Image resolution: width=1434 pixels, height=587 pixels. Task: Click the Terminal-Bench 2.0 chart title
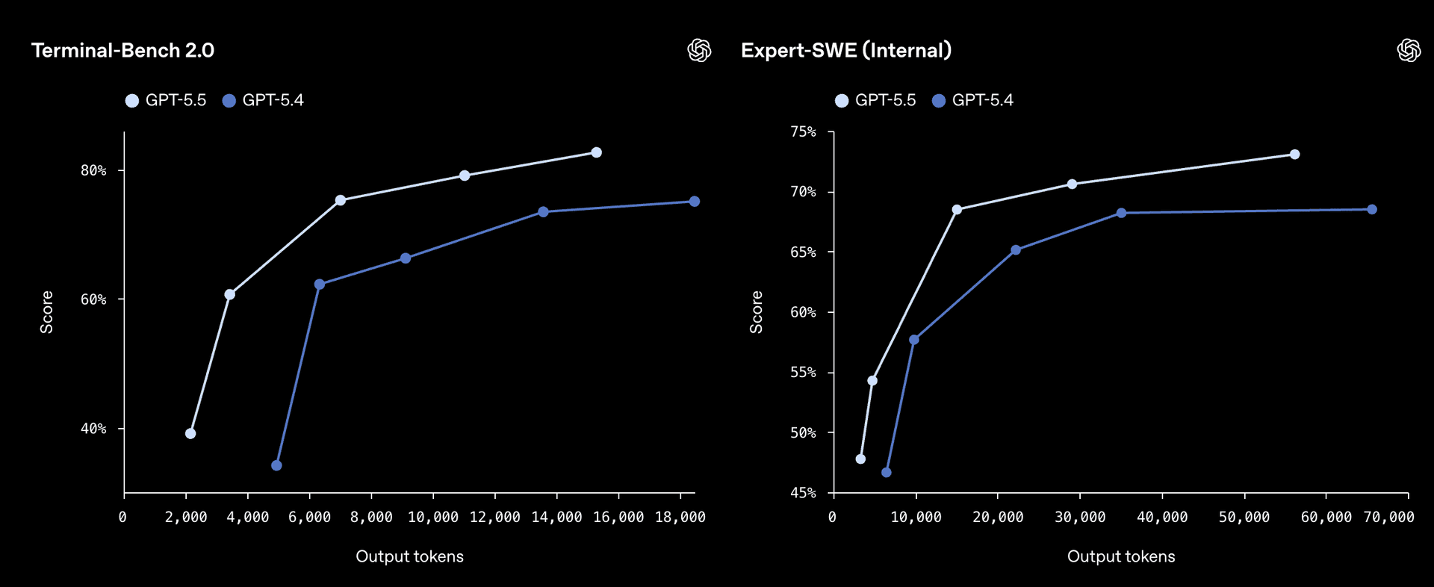tap(122, 51)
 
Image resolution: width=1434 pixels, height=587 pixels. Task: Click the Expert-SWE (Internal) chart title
tap(845, 51)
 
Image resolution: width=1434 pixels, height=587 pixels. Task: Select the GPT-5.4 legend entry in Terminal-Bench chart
tap(264, 101)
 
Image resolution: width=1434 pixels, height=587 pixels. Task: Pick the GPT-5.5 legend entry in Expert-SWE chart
tap(875, 101)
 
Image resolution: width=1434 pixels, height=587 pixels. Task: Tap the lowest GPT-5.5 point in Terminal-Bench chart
tap(190, 434)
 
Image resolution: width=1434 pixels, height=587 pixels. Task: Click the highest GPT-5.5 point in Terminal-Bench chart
tap(596, 152)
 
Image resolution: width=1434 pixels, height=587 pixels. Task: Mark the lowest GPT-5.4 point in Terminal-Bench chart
tap(276, 465)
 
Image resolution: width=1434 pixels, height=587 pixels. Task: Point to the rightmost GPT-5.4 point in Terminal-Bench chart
tap(694, 202)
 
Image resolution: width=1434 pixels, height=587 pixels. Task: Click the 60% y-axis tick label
tap(93, 299)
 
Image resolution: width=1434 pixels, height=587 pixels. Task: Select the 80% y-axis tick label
tap(93, 171)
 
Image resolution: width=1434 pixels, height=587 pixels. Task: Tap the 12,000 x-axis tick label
tap(494, 518)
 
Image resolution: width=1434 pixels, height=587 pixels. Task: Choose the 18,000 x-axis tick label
tap(680, 518)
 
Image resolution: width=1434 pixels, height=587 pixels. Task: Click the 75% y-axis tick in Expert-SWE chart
tap(803, 132)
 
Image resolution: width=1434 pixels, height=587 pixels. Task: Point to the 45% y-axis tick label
tap(803, 493)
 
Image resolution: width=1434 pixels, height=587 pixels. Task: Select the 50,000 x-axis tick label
tap(1244, 518)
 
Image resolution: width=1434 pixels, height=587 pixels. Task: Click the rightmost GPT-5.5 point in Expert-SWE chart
tap(1294, 155)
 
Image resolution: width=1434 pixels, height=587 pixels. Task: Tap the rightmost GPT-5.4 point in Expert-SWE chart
tap(1371, 210)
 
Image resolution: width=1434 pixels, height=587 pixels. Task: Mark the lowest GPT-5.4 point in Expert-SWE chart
tap(886, 473)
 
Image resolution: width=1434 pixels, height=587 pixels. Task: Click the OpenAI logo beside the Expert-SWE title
tap(1409, 51)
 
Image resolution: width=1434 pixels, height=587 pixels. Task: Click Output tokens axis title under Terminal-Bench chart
tap(409, 556)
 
